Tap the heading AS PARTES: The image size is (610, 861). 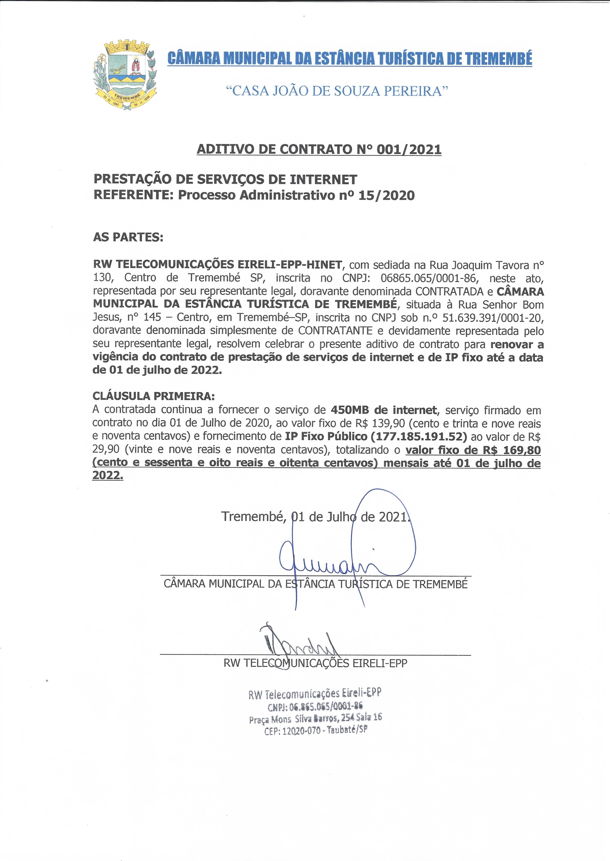coord(128,237)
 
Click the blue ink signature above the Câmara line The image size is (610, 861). coord(338,563)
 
